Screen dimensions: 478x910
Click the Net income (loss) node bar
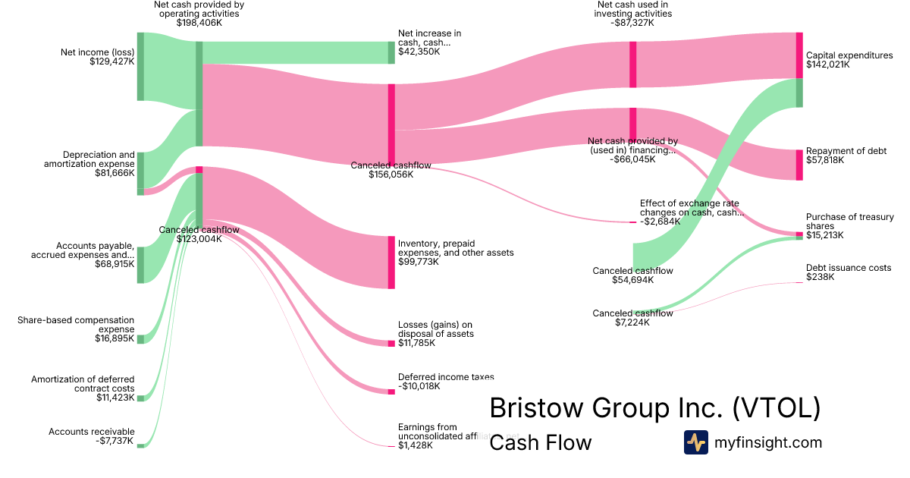(140, 67)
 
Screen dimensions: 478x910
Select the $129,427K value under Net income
(111, 62)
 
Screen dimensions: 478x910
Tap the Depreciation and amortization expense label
(89, 159)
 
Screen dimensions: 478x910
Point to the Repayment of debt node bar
(799, 165)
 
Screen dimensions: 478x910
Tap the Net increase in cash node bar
(391, 52)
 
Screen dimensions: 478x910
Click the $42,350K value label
(419, 52)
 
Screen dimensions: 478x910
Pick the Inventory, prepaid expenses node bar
(391, 262)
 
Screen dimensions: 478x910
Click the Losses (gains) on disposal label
(435, 329)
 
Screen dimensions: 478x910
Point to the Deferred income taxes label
(446, 376)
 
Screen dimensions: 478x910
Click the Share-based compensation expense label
(76, 325)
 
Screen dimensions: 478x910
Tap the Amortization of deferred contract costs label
(83, 384)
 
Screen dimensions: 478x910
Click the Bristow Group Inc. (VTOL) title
(654, 408)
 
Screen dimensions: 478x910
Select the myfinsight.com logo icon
(695, 442)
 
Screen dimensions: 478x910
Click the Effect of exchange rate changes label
(689, 208)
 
